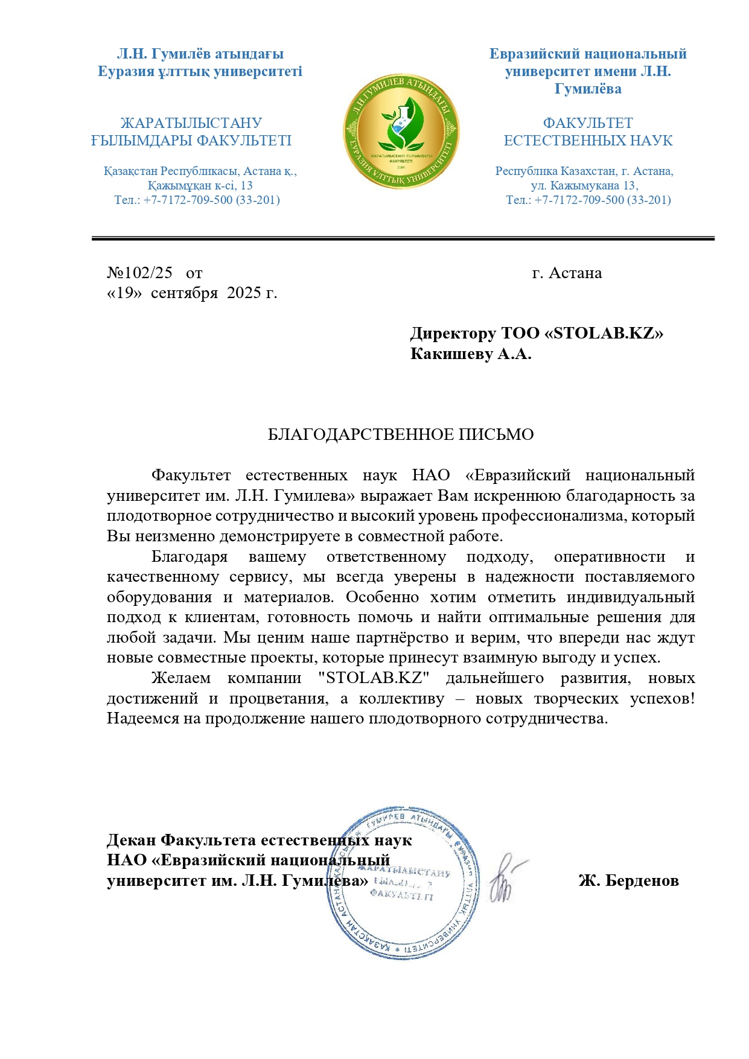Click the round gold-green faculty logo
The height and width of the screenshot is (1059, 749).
coord(400,132)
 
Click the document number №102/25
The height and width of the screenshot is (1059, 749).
coord(139,273)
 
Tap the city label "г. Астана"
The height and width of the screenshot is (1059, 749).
coord(567,273)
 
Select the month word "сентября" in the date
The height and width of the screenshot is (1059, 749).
coord(184,293)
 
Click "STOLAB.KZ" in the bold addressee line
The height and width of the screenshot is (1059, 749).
coord(604,333)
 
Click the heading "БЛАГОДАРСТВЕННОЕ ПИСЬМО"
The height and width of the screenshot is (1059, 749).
coord(401,434)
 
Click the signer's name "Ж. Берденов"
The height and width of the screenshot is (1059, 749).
coord(628,880)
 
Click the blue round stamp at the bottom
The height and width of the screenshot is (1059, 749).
coord(403,882)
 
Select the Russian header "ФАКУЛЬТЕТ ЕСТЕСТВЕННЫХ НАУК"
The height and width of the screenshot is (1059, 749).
coord(588,132)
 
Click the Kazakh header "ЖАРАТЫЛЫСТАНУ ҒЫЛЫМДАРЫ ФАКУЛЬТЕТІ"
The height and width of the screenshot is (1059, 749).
coord(191,132)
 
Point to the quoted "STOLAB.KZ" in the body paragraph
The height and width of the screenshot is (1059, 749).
coord(374,678)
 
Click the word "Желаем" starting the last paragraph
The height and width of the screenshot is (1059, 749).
coord(180,678)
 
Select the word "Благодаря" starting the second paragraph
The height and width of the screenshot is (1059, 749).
coord(190,556)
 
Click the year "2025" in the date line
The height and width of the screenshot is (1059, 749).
coord(244,293)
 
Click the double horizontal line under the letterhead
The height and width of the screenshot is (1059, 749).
coord(403,239)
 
